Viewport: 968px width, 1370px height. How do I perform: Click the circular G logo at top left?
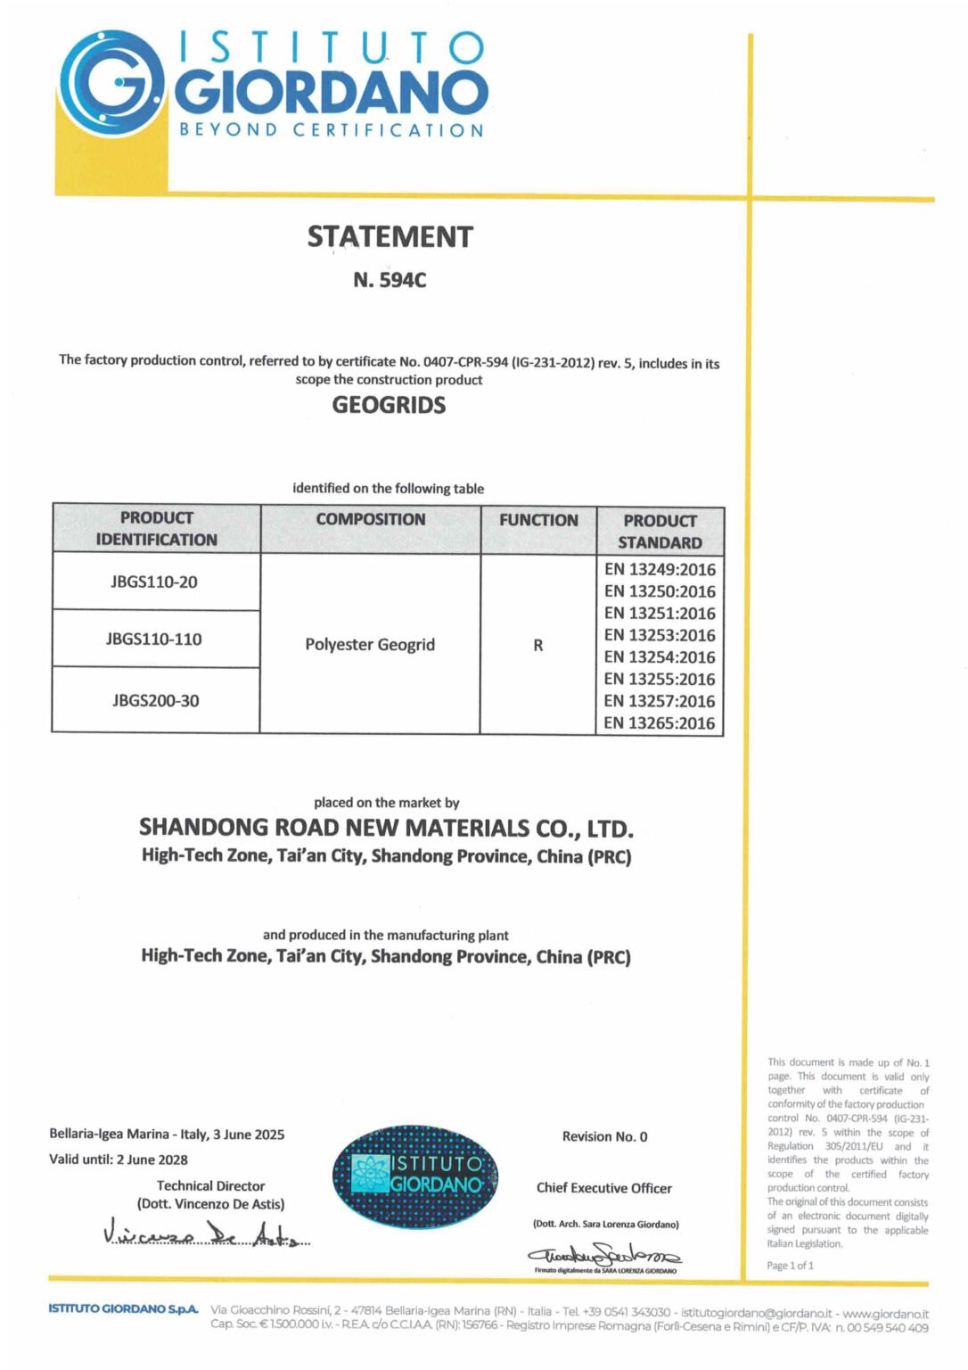click(112, 85)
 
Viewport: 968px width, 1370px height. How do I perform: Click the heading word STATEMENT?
click(390, 236)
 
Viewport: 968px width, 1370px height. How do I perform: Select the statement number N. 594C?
click(390, 280)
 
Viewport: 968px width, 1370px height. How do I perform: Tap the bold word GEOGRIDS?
click(389, 405)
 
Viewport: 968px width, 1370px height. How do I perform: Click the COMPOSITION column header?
click(371, 519)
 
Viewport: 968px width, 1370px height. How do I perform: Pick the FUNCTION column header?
click(538, 520)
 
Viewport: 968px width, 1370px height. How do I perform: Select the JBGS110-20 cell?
click(154, 582)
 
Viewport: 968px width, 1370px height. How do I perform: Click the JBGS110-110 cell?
click(154, 639)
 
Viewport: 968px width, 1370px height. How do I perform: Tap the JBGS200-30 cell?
click(156, 700)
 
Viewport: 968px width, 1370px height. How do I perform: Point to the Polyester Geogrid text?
click(370, 644)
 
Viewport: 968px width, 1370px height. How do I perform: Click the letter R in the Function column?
click(538, 645)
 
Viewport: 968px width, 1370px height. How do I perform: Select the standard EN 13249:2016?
click(660, 569)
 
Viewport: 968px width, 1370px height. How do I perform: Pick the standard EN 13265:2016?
click(660, 722)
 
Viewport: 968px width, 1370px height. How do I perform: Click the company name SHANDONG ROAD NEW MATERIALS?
click(386, 828)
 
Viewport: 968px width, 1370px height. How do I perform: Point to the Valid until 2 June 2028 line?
click(119, 1160)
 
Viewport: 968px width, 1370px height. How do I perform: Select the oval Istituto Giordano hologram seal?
click(415, 1176)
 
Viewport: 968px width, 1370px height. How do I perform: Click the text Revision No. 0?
click(604, 1136)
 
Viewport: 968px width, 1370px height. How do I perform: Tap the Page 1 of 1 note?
click(790, 1266)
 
